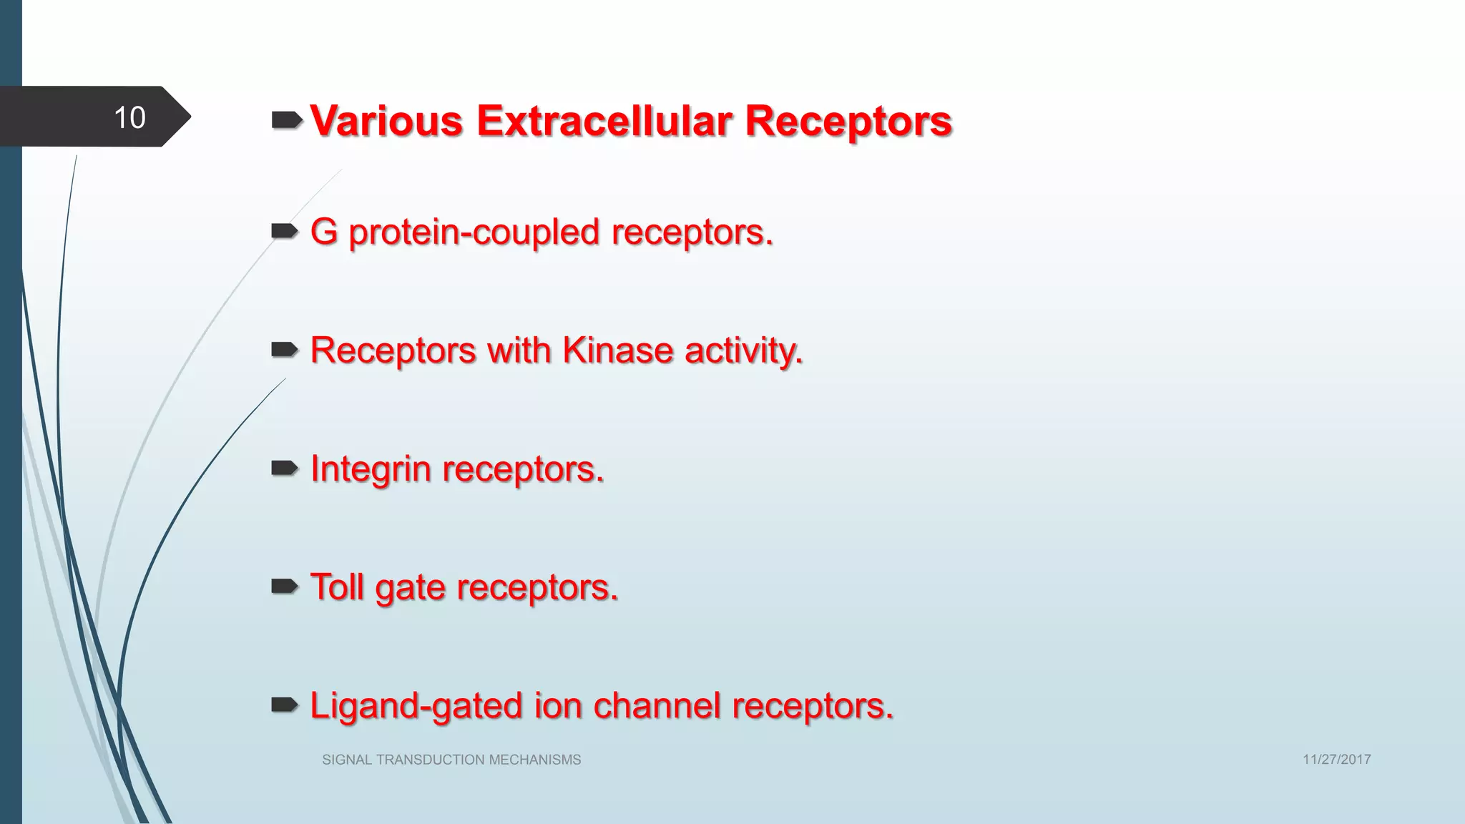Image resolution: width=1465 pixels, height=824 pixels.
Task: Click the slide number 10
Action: tap(129, 117)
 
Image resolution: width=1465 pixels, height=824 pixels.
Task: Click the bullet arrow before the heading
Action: tap(286, 120)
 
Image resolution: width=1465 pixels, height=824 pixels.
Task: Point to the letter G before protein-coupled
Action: tap(323, 232)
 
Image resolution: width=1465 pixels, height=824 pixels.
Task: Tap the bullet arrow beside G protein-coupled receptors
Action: tap(284, 230)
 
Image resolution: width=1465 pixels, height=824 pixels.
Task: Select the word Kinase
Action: tap(617, 350)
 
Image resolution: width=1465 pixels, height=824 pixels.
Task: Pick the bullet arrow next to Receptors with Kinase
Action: tap(284, 349)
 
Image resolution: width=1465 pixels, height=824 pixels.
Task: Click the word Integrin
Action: tap(371, 470)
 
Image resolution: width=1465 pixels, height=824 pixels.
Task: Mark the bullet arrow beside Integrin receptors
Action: tap(284, 468)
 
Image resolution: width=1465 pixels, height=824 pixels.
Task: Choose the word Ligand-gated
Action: tap(416, 707)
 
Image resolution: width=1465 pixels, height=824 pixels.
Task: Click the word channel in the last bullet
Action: tap(656, 705)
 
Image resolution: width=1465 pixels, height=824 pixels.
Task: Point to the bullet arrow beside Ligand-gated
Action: tap(284, 705)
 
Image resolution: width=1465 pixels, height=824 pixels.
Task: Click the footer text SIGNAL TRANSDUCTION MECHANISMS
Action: tap(451, 760)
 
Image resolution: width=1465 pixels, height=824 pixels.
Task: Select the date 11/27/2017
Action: tap(1336, 760)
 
